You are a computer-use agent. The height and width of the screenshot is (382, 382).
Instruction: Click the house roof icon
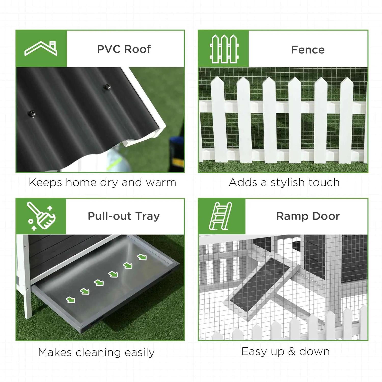[41, 48]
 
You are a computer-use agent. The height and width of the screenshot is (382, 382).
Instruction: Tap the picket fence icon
[224, 49]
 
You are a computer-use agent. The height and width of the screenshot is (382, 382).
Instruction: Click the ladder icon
[221, 216]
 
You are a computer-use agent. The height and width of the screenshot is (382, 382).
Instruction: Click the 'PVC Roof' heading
[124, 49]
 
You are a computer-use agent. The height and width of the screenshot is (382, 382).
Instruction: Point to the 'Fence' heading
[308, 50]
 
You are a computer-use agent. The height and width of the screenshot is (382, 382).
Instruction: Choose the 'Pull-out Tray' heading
[124, 216]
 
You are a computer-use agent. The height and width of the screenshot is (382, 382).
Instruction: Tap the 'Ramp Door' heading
[308, 216]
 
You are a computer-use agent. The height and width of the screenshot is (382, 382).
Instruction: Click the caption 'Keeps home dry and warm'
[102, 183]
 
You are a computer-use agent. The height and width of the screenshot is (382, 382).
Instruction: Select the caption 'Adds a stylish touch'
[284, 183]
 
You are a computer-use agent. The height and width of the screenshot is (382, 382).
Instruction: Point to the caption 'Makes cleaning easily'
[96, 352]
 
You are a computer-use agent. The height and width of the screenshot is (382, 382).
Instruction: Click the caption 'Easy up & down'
[285, 351]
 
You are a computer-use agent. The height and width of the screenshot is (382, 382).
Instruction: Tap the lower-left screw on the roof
[32, 113]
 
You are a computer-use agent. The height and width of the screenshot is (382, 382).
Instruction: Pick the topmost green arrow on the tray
[142, 257]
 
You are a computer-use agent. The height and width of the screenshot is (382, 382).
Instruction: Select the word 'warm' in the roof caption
[161, 183]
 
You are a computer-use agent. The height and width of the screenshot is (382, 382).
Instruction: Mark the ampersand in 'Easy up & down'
[292, 351]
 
